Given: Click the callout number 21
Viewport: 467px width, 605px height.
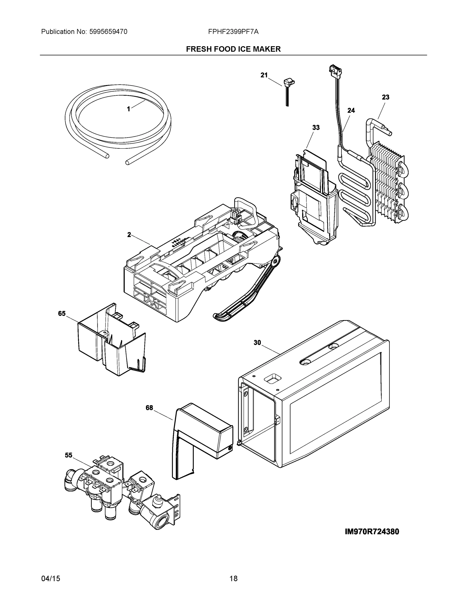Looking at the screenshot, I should point(264,75).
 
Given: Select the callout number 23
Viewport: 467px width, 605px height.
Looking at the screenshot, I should point(385,97).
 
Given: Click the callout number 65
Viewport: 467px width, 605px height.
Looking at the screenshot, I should point(62,313).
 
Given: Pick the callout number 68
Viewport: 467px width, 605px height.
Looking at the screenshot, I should point(149,408).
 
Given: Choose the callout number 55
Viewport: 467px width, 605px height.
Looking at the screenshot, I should point(69,455).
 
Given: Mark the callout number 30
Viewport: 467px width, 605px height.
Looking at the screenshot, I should point(257,343).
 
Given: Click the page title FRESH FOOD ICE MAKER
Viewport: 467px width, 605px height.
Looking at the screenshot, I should point(233,49).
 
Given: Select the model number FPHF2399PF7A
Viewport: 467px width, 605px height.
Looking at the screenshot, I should point(233,32).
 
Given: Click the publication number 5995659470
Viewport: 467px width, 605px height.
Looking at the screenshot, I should point(108,32).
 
